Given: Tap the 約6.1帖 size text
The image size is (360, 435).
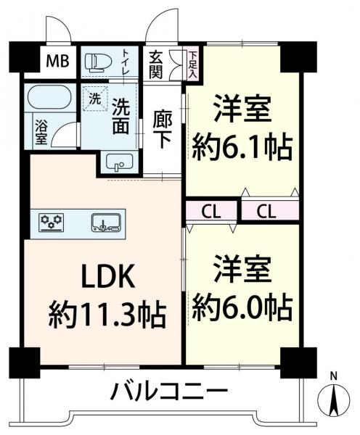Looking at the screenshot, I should click(x=242, y=149).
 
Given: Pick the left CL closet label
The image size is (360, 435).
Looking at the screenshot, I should click(x=211, y=211).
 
